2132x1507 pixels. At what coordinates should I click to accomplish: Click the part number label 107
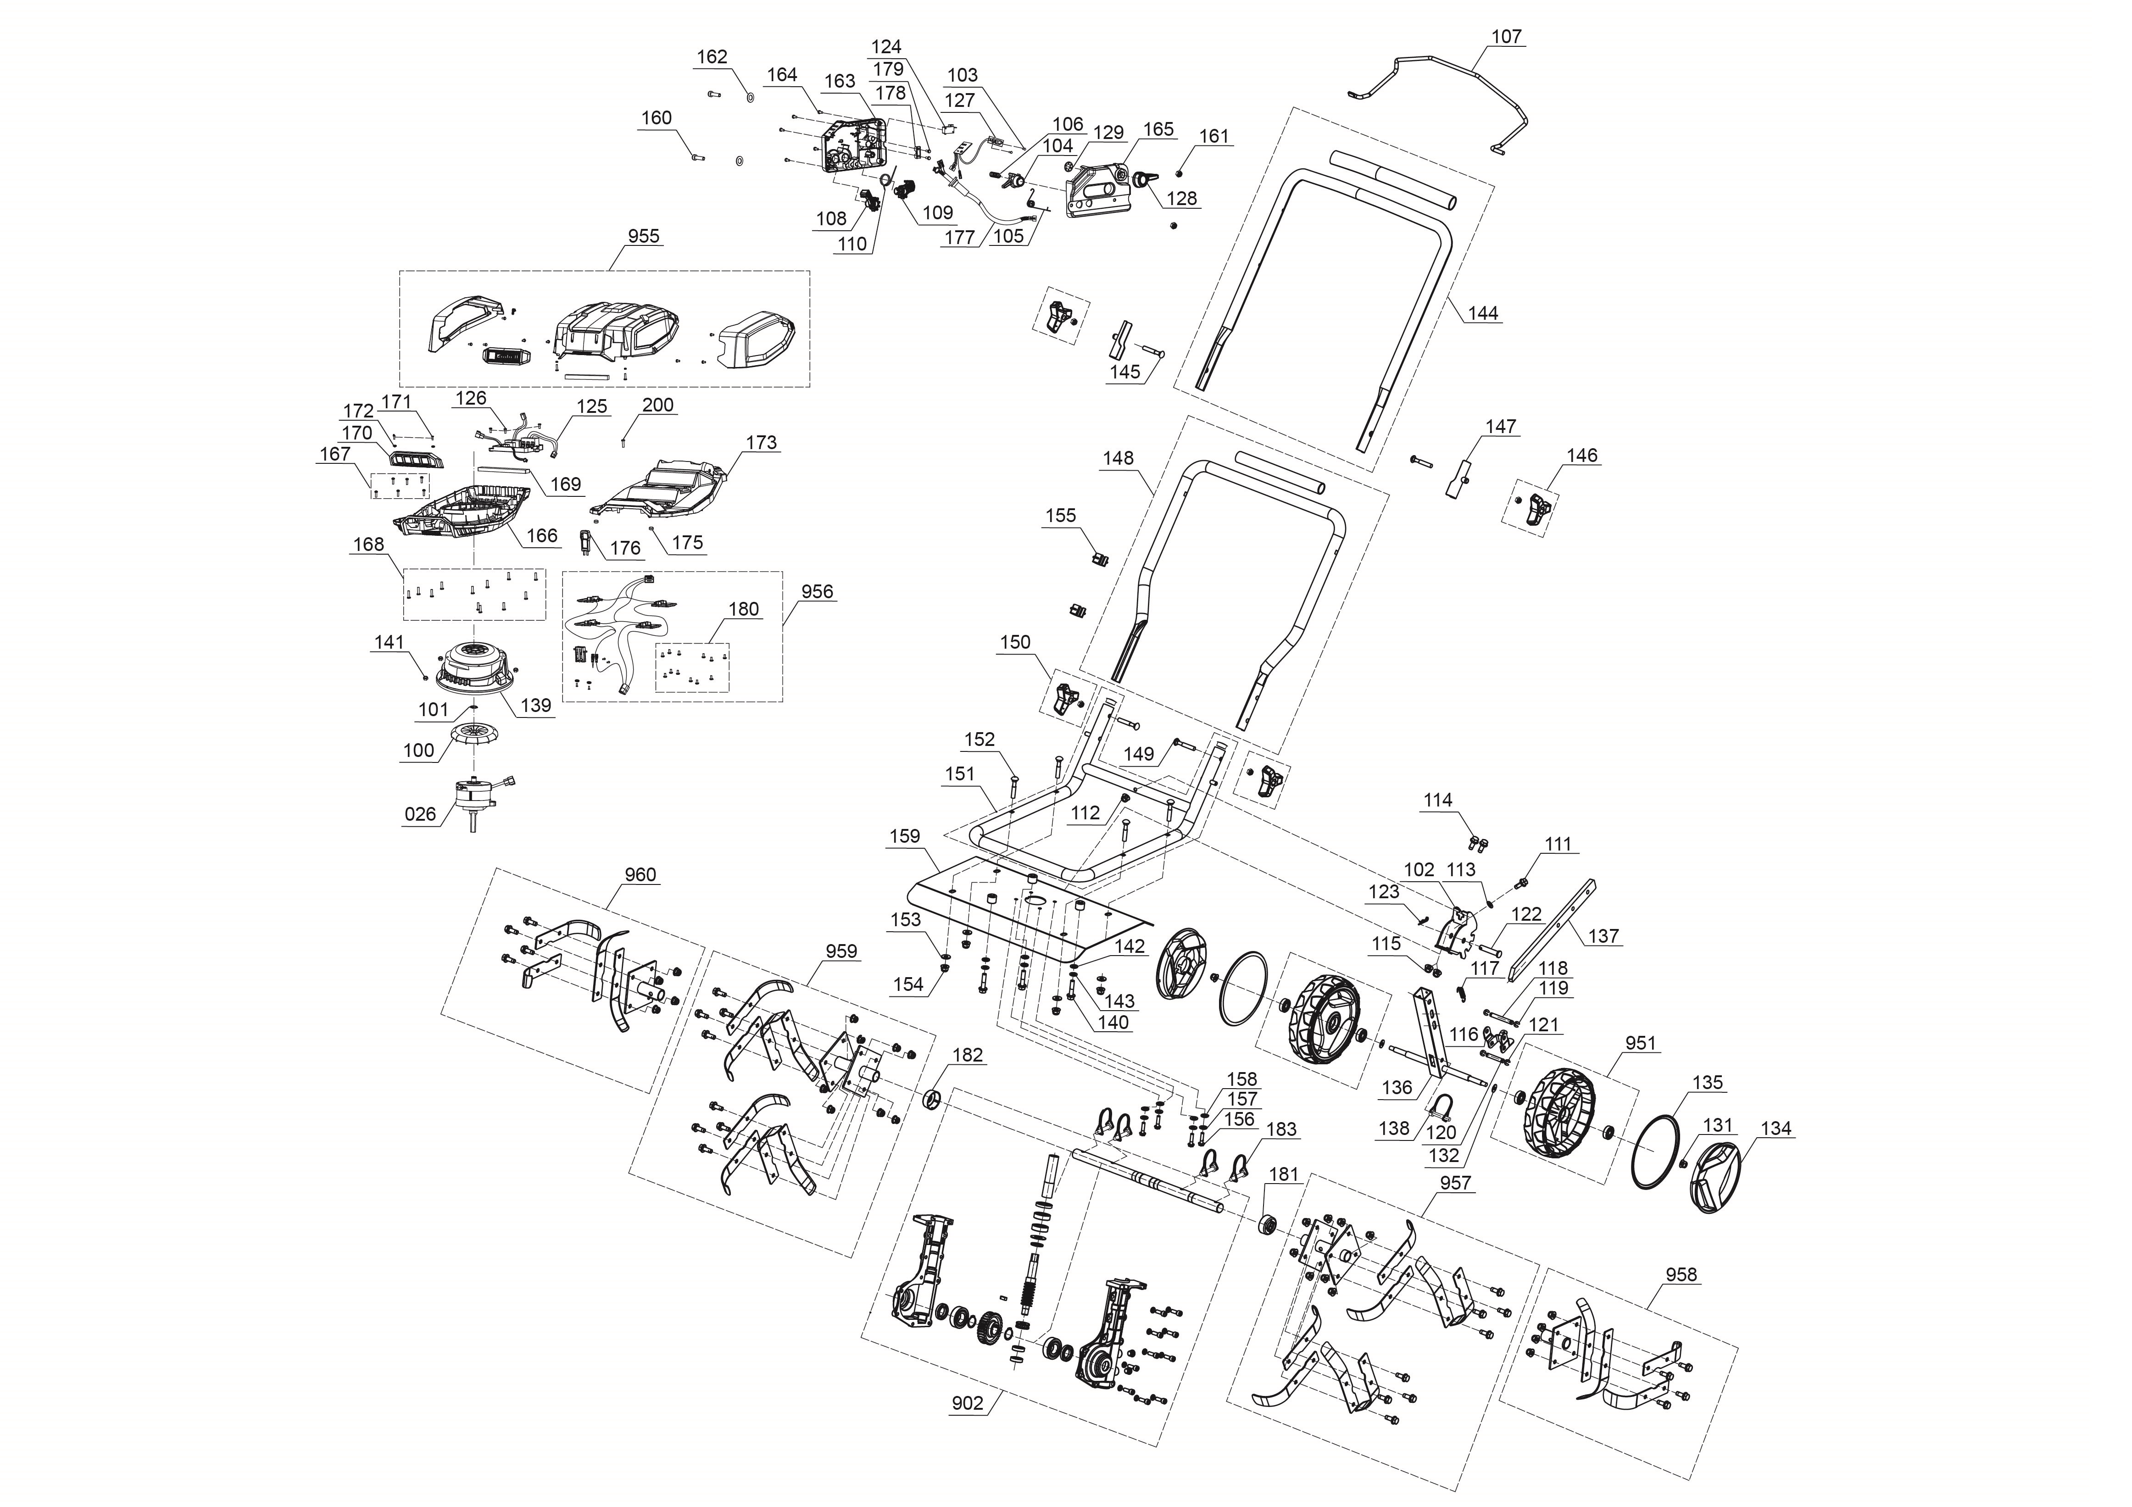pos(1506,36)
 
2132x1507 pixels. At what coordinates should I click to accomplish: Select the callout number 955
pos(644,236)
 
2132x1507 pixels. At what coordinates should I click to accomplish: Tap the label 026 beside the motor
pos(420,814)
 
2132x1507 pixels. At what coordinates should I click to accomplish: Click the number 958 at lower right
pos(1681,1275)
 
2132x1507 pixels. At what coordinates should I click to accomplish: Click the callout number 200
pos(657,405)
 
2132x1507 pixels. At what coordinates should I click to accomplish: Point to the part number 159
pos(904,836)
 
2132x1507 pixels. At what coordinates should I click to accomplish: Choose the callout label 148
pos(1118,458)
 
